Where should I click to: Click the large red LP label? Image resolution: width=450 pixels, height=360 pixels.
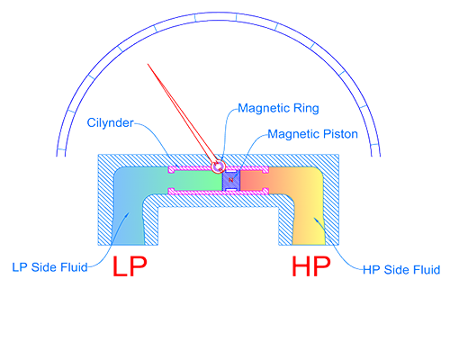(130, 266)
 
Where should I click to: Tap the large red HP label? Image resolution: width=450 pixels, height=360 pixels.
(311, 266)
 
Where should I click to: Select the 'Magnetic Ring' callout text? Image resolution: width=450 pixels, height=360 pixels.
(278, 108)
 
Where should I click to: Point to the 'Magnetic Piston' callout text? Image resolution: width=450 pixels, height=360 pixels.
(312, 134)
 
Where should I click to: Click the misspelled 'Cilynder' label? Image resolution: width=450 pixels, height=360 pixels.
(110, 122)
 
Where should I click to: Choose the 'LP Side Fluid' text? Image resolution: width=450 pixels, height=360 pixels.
(49, 267)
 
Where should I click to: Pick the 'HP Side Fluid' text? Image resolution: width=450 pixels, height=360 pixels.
(401, 270)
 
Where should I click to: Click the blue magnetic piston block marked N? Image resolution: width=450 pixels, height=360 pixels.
(231, 181)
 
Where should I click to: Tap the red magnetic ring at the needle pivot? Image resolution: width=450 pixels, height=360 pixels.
(218, 166)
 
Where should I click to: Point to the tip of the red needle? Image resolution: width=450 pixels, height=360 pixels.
(148, 64)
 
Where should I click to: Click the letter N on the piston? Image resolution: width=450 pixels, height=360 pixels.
(230, 180)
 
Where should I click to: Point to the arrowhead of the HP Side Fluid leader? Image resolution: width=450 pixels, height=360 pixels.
(316, 220)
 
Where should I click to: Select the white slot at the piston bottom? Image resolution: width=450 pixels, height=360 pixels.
(231, 189)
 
